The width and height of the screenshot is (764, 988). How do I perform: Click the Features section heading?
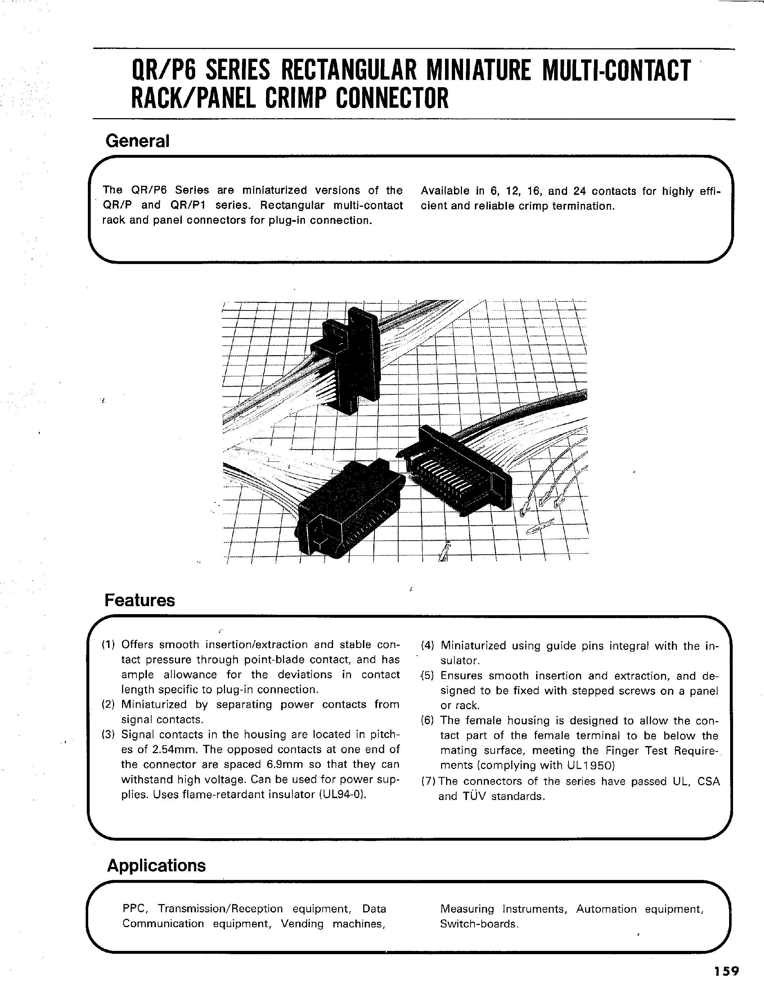click(139, 600)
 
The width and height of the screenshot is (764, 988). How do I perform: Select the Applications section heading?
click(156, 866)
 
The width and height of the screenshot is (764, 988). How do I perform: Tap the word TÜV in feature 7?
click(474, 796)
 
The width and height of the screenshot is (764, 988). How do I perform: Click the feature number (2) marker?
click(108, 705)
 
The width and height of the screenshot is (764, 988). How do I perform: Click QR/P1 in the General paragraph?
click(188, 205)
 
